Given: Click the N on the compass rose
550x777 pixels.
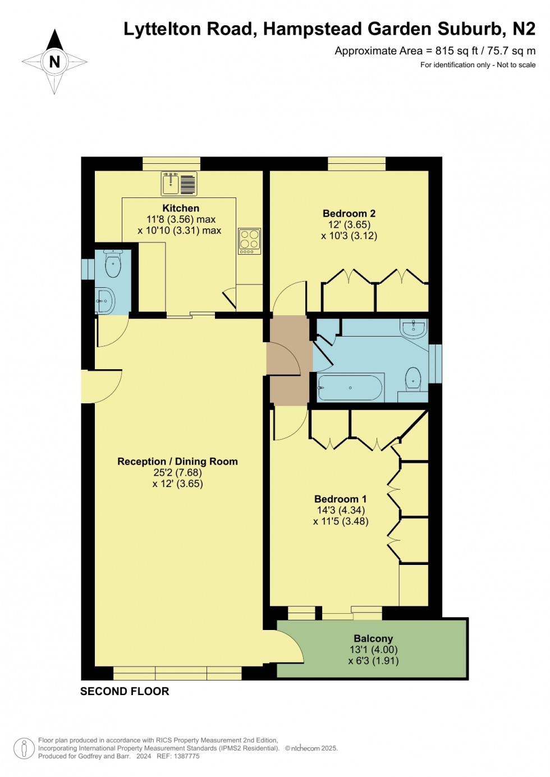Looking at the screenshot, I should pos(54,62).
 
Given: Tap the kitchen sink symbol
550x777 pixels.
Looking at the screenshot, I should pos(180,183).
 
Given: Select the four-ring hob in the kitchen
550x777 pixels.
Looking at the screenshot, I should pos(249,241).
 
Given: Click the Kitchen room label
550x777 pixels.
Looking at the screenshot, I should pos(181,208).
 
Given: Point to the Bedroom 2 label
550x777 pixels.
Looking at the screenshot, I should pos(349,213).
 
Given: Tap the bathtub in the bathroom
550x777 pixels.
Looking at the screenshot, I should pos(350,388).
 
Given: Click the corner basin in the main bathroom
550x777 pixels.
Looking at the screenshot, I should pos(414,328).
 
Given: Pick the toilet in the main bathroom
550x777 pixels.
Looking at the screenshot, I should pos(413,379).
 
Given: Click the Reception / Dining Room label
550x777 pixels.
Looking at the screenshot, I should pos(177,461).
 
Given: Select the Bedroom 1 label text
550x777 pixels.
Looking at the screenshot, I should pos(340,499).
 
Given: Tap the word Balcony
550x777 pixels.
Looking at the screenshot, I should pos(373,638).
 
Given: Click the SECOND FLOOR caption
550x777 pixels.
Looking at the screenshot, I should pos(125,691).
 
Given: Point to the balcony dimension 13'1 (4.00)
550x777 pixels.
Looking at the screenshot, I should pos(373,650).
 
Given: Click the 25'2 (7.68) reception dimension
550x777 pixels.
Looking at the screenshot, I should pos(177,472).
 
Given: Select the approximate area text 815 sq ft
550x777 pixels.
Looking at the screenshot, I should pos(456,51).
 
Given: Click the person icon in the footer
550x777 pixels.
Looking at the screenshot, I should pos(24,748).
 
